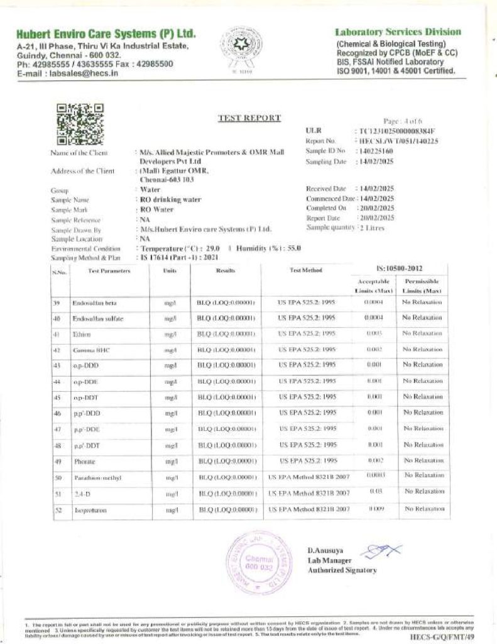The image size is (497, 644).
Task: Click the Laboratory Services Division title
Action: pyautogui.click(x=398, y=32)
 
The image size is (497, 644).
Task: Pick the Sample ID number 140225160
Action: pyautogui.click(x=376, y=152)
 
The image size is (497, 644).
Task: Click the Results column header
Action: pyautogui.click(x=225, y=270)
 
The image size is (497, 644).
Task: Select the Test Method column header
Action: pyautogui.click(x=306, y=270)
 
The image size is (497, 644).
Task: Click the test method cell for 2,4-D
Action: pyautogui.click(x=309, y=493)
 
